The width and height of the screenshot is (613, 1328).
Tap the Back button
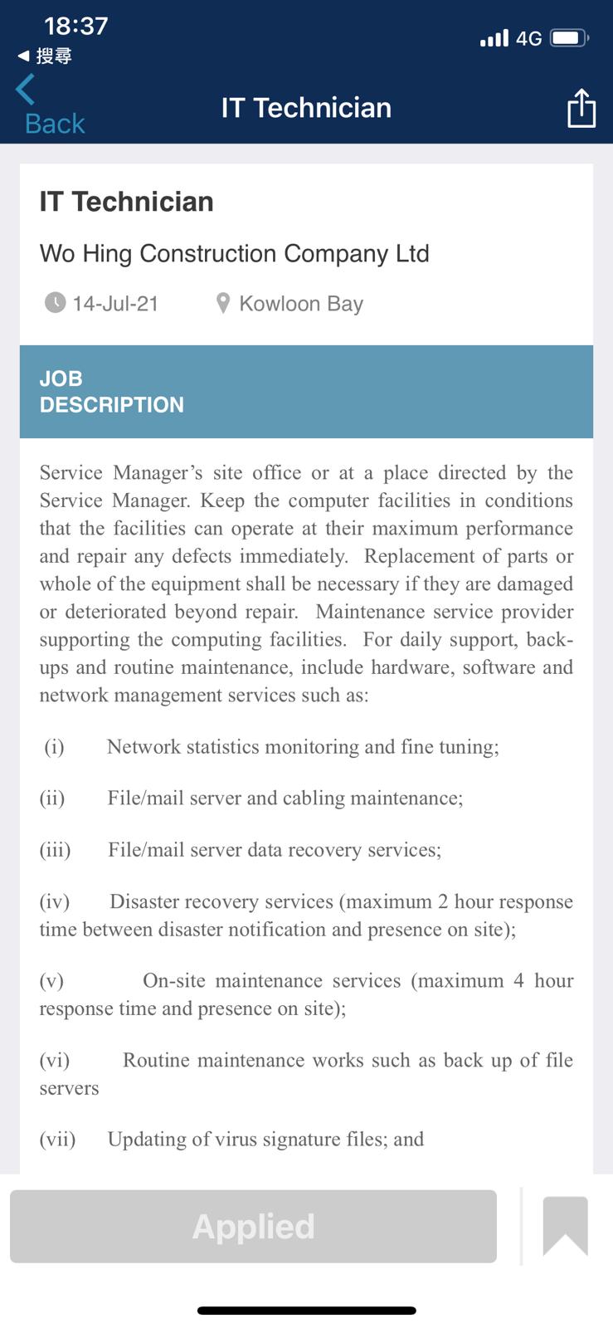(51, 107)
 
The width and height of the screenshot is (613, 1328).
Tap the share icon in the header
(581, 108)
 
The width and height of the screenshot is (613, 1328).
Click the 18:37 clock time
(75, 26)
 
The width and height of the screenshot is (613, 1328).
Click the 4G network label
(528, 39)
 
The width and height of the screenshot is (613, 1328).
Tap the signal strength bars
(494, 39)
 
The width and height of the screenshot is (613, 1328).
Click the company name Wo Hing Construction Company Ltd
(234, 253)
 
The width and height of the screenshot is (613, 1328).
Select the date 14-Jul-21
(115, 304)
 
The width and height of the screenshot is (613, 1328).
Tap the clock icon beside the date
(55, 303)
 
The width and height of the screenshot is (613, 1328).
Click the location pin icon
(222, 303)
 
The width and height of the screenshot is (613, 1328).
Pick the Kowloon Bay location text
(301, 304)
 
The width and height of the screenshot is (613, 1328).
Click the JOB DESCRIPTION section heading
(111, 392)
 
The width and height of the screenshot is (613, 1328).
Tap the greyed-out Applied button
(253, 1227)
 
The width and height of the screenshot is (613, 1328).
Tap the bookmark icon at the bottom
(565, 1226)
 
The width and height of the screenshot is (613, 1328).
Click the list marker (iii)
(55, 850)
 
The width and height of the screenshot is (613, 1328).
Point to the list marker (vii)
(57, 1139)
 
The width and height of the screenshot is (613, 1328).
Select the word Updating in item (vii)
(147, 1139)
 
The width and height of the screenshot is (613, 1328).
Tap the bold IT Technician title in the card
(127, 202)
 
